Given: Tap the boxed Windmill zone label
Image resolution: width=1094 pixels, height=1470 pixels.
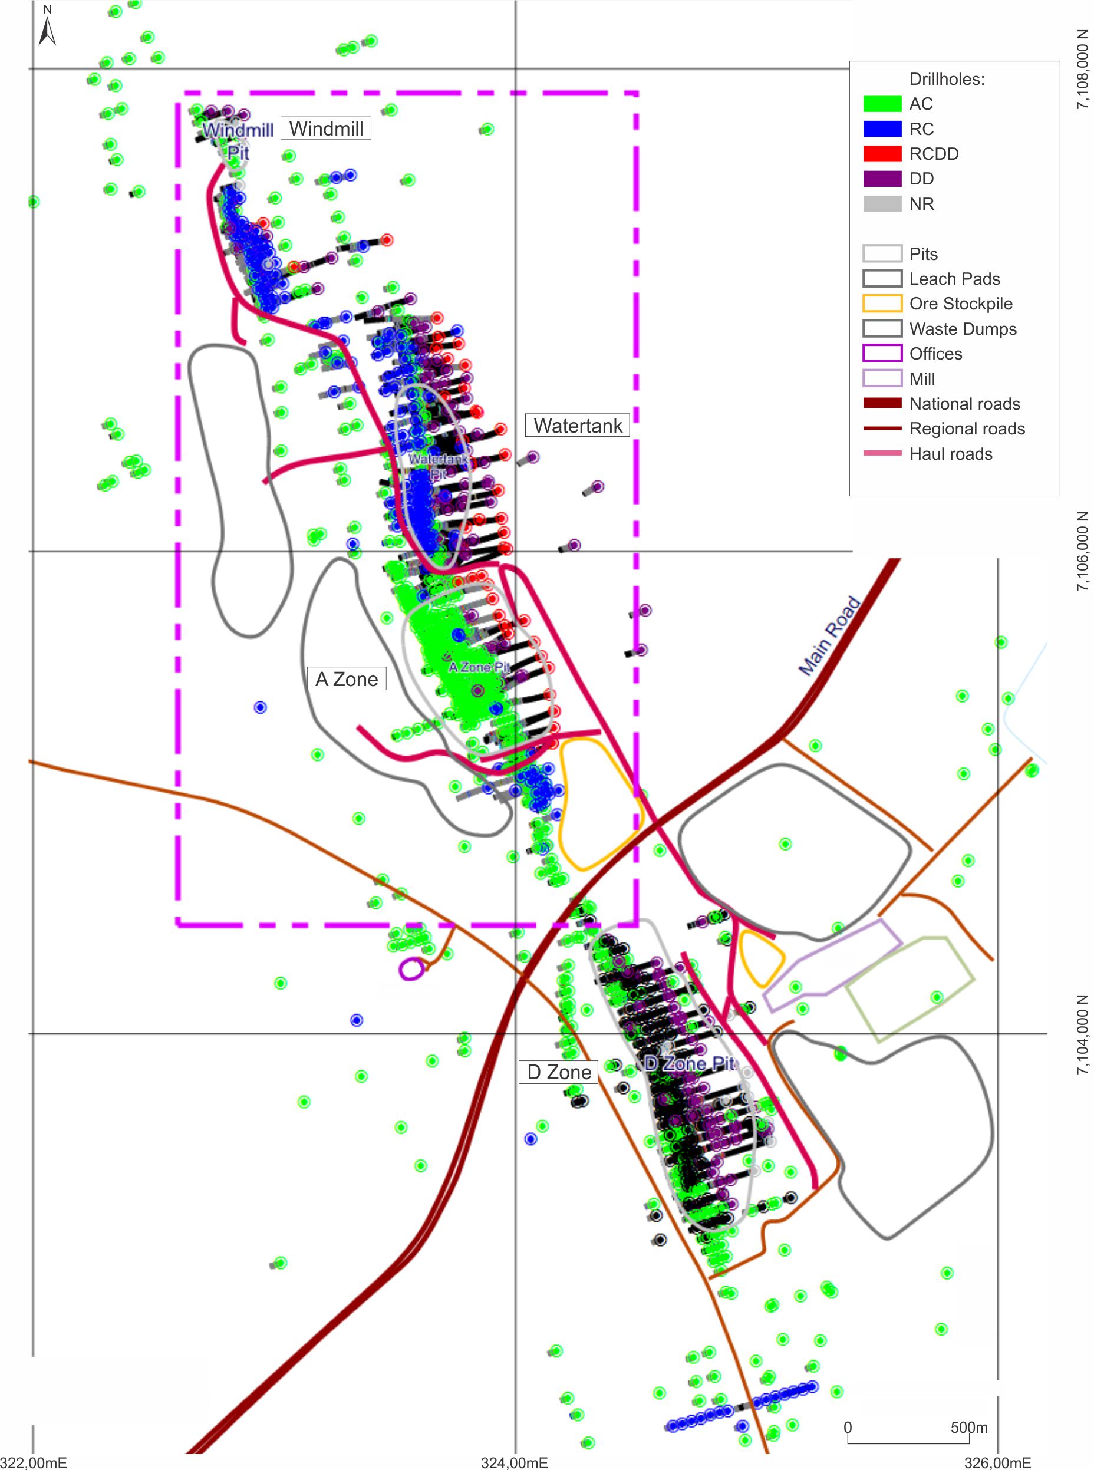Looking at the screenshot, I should tap(326, 128).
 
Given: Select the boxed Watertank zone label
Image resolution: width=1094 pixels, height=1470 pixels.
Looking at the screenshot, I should tap(578, 426).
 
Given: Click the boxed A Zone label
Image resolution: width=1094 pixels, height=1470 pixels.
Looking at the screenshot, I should tap(347, 680).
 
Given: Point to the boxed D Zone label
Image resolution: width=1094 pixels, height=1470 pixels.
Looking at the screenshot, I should tap(558, 1072).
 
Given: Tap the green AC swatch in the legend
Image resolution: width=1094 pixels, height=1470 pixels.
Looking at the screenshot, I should tap(882, 104).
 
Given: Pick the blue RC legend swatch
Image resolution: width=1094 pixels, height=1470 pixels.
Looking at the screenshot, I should tap(882, 129).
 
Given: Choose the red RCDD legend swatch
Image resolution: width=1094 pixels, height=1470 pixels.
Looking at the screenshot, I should tap(882, 154).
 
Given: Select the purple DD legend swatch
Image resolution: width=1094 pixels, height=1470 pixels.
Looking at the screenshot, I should tap(882, 179).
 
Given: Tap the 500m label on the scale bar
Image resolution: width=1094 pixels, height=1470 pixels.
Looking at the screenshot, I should tap(968, 1428).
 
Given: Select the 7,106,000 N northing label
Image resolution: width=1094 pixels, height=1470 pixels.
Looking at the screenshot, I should tap(1082, 551).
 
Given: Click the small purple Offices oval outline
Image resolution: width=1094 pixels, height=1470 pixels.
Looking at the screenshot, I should tap(411, 970).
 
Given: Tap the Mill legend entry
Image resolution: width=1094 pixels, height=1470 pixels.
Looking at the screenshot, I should tap(922, 379).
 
